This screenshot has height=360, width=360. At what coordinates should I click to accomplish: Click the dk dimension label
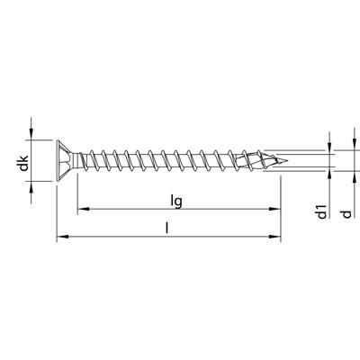pyautogui.click(x=23, y=163)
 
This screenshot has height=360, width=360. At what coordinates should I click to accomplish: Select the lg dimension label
pyautogui.click(x=176, y=201)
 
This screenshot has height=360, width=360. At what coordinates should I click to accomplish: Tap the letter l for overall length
pyautogui.click(x=166, y=228)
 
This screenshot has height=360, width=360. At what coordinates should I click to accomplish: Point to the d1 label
pyautogui.click(x=321, y=211)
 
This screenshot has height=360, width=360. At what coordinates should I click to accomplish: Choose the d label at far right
pyautogui.click(x=346, y=214)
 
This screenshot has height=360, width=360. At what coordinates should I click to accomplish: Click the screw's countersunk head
pyautogui.click(x=65, y=160)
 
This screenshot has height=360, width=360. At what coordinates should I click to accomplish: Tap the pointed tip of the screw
pyautogui.click(x=286, y=161)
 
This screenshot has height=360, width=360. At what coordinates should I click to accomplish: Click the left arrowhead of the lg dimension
pyautogui.click(x=83, y=209)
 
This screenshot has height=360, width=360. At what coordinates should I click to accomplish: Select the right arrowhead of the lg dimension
pyautogui.click(x=274, y=209)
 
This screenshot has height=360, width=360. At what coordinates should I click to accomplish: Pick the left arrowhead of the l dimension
pyautogui.click(x=62, y=237)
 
